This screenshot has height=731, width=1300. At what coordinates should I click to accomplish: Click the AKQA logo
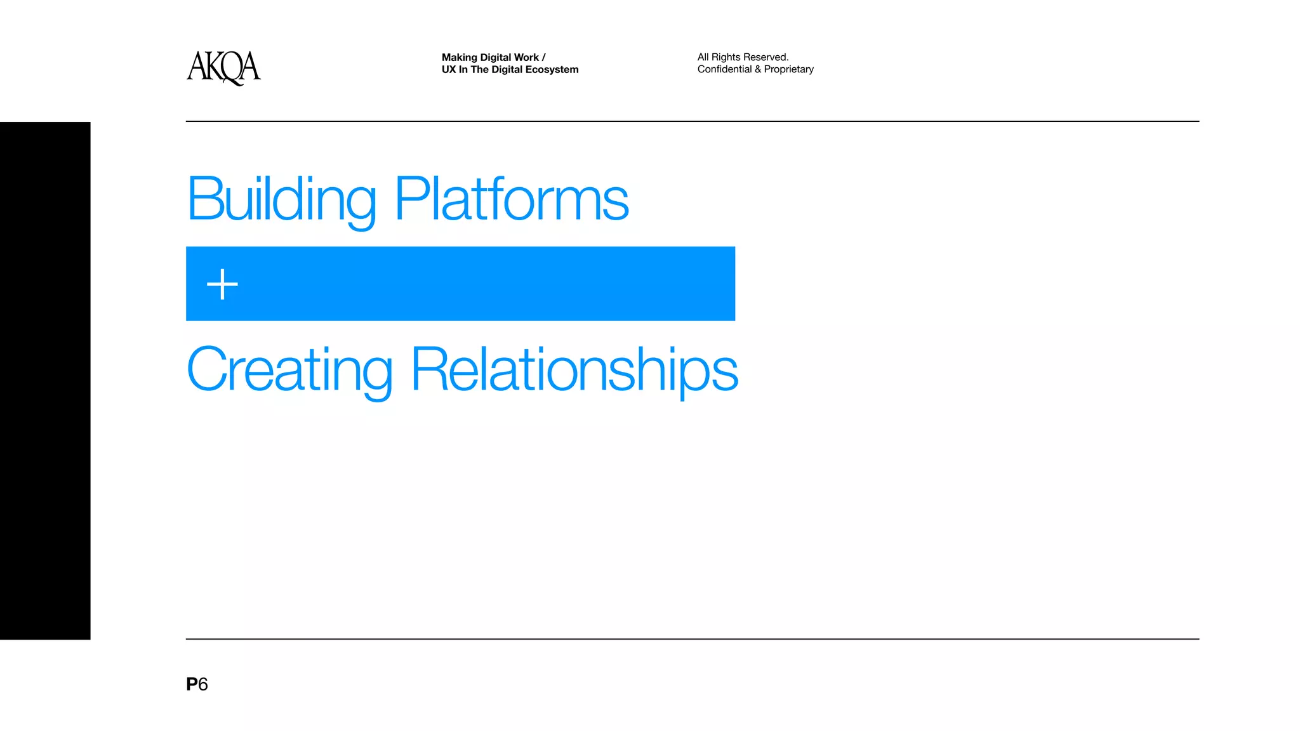pyautogui.click(x=223, y=67)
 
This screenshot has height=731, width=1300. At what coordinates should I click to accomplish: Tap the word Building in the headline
pyautogui.click(x=282, y=200)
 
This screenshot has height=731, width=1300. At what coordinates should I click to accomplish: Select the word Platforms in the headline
pyautogui.click(x=512, y=200)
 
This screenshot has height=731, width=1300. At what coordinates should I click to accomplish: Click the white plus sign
pyautogui.click(x=222, y=284)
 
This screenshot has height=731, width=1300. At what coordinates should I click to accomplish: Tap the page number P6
pyautogui.click(x=197, y=684)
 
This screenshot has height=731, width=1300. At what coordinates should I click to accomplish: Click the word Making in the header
pyautogui.click(x=459, y=57)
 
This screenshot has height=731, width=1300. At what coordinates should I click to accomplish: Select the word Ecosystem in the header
pyautogui.click(x=552, y=70)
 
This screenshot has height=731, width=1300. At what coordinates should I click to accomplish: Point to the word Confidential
pyautogui.click(x=724, y=69)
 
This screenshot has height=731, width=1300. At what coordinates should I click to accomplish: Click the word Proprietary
pyautogui.click(x=788, y=69)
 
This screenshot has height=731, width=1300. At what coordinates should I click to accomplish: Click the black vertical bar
pyautogui.click(x=45, y=381)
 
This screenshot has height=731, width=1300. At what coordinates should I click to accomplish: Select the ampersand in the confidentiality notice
pyautogui.click(x=758, y=69)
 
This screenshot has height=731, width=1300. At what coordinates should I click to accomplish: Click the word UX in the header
pyautogui.click(x=449, y=70)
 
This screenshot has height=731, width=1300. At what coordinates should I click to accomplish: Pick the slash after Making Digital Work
pyautogui.click(x=544, y=57)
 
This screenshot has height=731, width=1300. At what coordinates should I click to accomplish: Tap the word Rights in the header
pyautogui.click(x=726, y=57)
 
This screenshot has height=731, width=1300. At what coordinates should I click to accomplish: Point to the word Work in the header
pyautogui.click(x=526, y=57)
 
